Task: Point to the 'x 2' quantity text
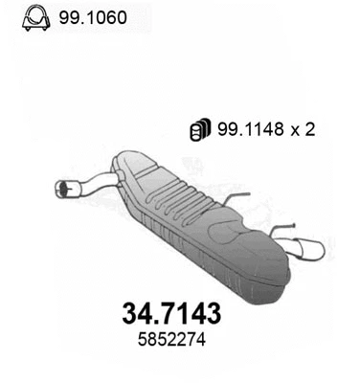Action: tap(304, 130)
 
